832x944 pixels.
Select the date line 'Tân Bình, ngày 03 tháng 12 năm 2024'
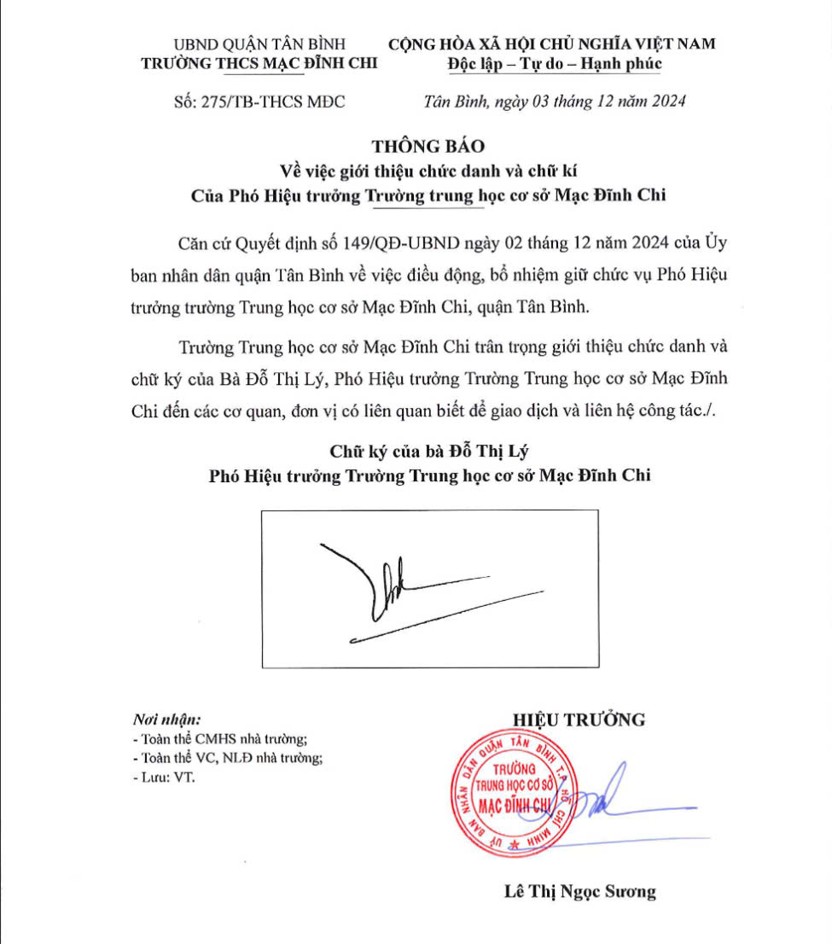coord(555,102)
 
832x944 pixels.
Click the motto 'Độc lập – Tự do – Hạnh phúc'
coord(554,64)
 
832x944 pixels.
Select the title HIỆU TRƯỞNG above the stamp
coord(579,720)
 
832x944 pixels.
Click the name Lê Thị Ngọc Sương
coord(580,892)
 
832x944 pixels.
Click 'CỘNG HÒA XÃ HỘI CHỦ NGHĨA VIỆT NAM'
coord(552,44)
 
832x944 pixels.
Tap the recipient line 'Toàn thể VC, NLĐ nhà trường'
coord(227,758)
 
